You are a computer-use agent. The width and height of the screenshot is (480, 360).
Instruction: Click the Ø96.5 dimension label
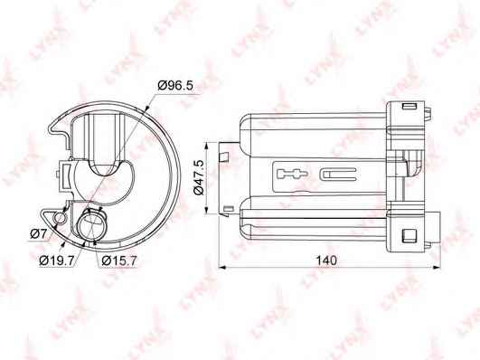(175, 86)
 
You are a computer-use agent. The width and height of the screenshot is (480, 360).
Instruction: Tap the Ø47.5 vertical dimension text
(199, 177)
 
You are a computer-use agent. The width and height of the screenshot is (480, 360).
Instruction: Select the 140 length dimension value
(326, 261)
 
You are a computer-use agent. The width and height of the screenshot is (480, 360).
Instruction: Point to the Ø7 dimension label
(38, 234)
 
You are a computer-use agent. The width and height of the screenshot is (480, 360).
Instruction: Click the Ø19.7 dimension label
(57, 261)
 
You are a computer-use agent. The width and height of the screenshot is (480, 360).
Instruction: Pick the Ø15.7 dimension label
(119, 261)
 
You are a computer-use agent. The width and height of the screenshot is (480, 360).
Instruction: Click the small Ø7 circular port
(60, 218)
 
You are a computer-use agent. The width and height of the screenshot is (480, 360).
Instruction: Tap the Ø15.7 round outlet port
(92, 224)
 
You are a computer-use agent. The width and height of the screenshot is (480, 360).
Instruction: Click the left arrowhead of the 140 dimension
(222, 268)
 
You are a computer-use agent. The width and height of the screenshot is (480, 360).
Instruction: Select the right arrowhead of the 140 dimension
(437, 268)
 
